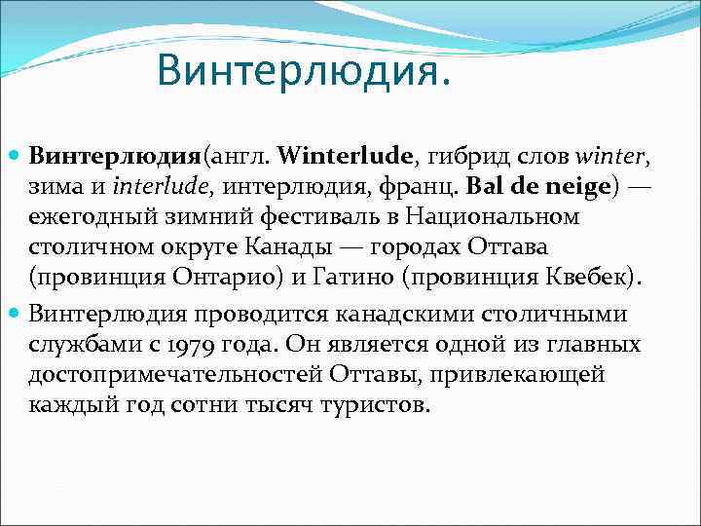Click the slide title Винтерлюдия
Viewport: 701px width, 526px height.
[304, 68]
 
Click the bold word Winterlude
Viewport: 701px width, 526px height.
[347, 156]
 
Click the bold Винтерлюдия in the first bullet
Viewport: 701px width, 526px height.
[114, 156]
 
